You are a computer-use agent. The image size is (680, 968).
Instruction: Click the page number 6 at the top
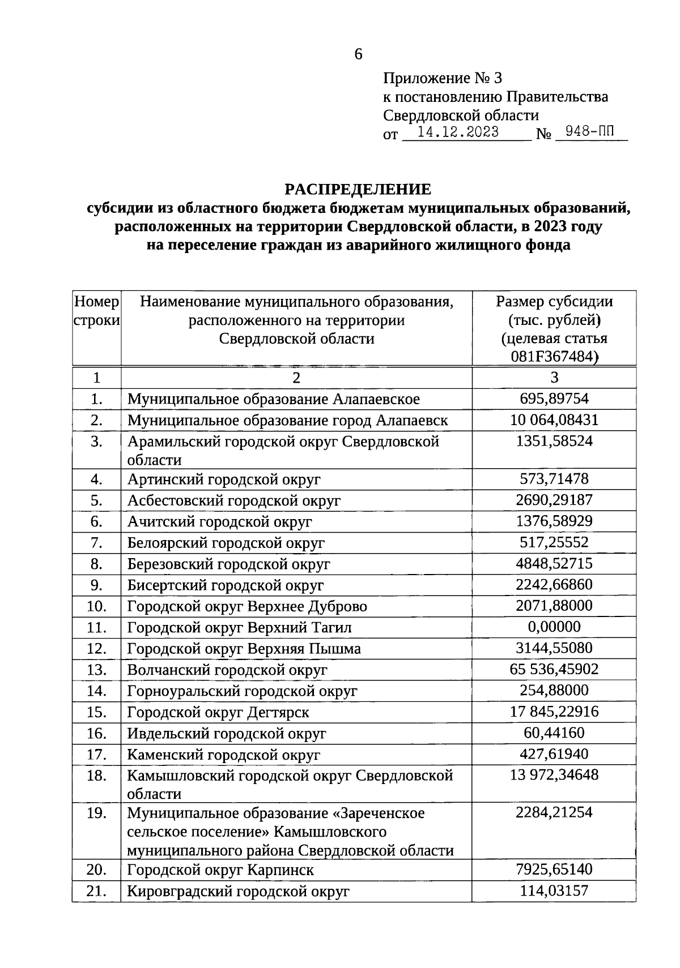[x=358, y=55]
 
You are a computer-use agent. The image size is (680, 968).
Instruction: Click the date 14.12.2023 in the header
[x=458, y=132]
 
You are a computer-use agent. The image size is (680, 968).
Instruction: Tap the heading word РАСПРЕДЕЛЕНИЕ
[x=358, y=189]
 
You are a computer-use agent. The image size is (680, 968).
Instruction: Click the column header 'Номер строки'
[x=97, y=311]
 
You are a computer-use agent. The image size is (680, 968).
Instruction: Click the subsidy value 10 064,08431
[x=554, y=420]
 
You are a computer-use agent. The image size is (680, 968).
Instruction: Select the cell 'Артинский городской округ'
[x=224, y=479]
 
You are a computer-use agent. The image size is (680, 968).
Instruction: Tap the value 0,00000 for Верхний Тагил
[x=554, y=627]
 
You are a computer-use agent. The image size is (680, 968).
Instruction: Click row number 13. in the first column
[x=97, y=670]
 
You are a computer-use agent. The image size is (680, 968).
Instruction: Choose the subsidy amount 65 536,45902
[x=554, y=669]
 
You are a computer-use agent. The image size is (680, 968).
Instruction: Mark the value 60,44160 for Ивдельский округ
[x=554, y=733]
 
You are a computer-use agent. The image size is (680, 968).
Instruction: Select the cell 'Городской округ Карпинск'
[x=220, y=870]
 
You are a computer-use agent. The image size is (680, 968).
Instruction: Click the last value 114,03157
[x=554, y=890]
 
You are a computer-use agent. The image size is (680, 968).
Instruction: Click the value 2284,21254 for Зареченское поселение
[x=554, y=813]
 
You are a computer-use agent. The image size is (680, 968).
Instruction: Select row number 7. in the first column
[x=97, y=543]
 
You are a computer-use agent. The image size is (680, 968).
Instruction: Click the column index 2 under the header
[x=296, y=378]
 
